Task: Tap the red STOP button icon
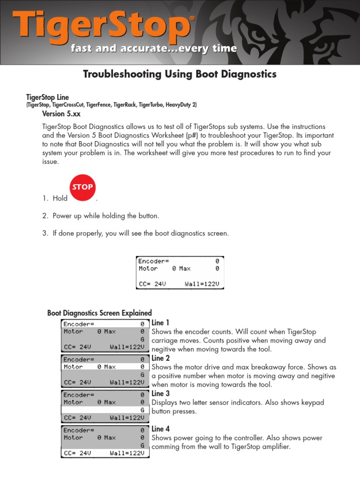click(x=82, y=187)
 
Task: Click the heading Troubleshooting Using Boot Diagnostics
click(x=180, y=74)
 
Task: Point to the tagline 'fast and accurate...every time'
click(x=154, y=49)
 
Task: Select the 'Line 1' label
click(x=160, y=323)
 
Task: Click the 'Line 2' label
click(x=160, y=358)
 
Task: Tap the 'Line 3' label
click(x=160, y=394)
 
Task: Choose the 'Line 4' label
click(x=160, y=429)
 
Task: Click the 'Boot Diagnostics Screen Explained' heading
click(x=99, y=313)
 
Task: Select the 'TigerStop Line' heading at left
click(x=47, y=97)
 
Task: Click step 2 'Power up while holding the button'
click(x=106, y=216)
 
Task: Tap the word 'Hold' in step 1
click(x=60, y=198)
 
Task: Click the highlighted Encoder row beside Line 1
click(x=105, y=324)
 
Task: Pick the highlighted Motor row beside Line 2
click(x=105, y=367)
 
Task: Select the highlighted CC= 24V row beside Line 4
click(x=105, y=453)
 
